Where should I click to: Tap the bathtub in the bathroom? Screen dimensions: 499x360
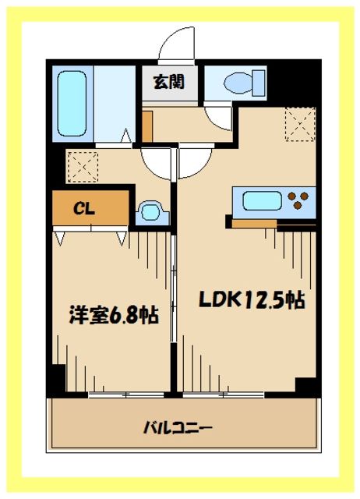click(x=73, y=104)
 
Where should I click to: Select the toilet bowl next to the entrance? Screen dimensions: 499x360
click(x=235, y=83)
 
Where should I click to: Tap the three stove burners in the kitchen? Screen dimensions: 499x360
click(x=298, y=201)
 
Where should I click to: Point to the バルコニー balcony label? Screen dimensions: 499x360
click(x=178, y=427)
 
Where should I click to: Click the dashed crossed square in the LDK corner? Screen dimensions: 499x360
click(x=298, y=124)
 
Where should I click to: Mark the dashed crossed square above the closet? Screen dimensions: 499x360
click(x=80, y=166)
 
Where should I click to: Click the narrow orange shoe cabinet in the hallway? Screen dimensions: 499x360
click(x=147, y=124)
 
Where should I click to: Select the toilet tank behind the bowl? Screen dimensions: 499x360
click(x=258, y=83)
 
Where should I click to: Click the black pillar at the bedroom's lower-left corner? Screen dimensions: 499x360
click(x=55, y=380)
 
